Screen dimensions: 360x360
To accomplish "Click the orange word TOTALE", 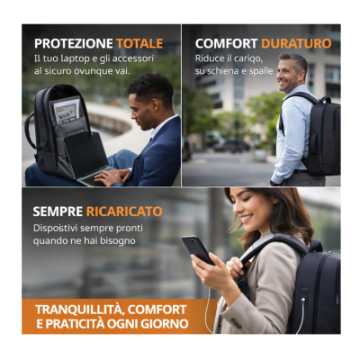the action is tap(139, 43).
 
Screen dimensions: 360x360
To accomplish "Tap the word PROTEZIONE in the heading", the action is tap(74, 43).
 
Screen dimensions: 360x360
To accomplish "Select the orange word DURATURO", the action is tap(296, 43).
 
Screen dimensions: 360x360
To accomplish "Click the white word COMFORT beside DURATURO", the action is tap(227, 43).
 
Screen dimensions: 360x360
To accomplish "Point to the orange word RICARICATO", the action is tap(124, 211).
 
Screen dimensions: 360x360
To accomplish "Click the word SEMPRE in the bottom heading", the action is tap(58, 211).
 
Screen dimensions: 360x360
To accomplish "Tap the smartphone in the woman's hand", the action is tap(198, 249).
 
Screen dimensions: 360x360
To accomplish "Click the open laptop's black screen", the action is tap(85, 154).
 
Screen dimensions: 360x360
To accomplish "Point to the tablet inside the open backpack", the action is tap(67, 111).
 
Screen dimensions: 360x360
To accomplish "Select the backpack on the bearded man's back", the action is tap(319, 135).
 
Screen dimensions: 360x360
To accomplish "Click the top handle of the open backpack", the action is tap(30, 129).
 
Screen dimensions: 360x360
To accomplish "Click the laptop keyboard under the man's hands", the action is tap(93, 178).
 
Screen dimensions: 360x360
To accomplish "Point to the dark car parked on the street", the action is tap(231, 146).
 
